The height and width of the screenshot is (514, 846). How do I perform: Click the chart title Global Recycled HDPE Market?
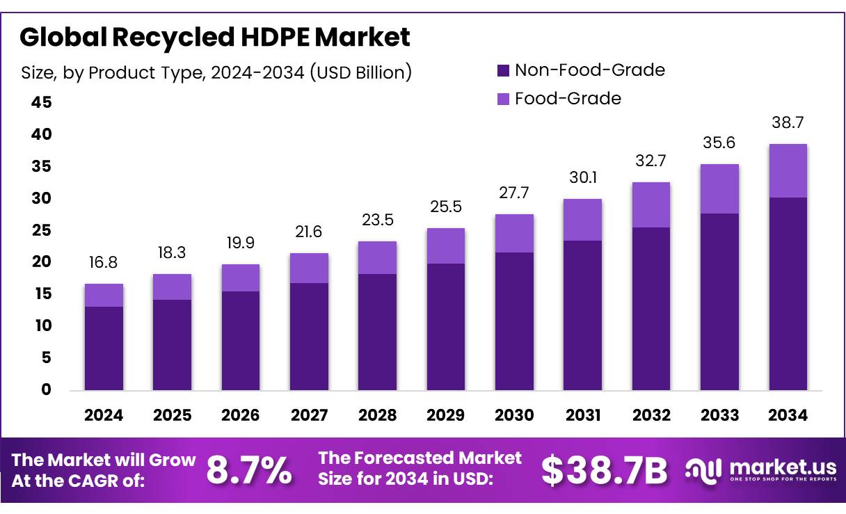(x=215, y=37)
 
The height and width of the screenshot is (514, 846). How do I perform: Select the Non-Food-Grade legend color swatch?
(x=503, y=70)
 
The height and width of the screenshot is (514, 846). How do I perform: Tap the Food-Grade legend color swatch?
(x=503, y=99)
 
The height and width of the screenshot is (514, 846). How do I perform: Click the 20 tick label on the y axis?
(x=42, y=262)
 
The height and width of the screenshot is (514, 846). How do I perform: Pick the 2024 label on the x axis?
(x=104, y=415)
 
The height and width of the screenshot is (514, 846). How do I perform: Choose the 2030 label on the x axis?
(x=514, y=415)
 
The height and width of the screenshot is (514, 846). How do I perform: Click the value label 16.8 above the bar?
(x=104, y=262)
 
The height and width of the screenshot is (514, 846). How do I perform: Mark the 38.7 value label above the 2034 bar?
(x=788, y=122)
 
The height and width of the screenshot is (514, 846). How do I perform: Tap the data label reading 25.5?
(x=446, y=207)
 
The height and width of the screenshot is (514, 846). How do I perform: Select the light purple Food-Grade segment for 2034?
(x=788, y=170)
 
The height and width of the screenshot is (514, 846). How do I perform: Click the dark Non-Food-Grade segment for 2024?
(x=104, y=348)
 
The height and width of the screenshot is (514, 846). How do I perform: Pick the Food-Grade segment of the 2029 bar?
(x=446, y=246)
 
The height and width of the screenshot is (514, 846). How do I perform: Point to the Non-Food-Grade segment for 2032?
(x=651, y=308)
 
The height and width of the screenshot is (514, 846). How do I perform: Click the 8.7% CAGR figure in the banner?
(x=249, y=472)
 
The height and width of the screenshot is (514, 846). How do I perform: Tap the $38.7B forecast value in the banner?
(x=604, y=472)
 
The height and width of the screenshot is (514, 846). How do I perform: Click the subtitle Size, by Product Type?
(x=216, y=72)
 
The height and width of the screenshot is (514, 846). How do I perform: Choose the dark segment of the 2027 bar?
(x=309, y=336)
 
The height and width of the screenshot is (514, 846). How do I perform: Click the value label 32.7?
(x=651, y=161)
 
